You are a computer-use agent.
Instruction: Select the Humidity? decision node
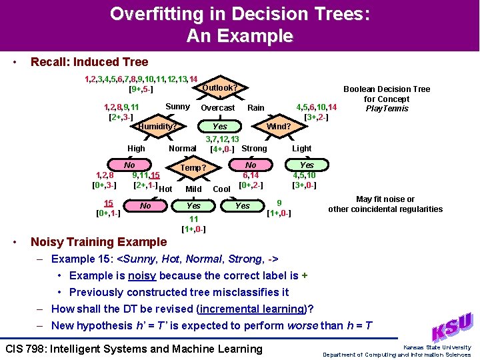point(157,126)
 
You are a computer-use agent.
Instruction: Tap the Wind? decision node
point(279,126)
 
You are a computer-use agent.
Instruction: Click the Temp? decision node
point(193,167)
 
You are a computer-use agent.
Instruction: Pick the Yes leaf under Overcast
point(220,126)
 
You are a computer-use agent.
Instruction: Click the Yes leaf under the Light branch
point(306,165)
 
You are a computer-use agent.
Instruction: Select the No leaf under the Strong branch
point(251,165)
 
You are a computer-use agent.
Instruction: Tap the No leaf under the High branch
point(129,165)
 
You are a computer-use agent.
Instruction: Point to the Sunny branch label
point(177,107)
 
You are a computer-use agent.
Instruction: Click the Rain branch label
point(256,107)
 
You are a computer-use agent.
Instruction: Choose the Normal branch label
point(182,148)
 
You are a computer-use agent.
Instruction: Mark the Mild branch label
point(193,189)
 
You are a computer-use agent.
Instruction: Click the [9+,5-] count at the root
point(141,89)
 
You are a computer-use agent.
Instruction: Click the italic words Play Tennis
point(387,109)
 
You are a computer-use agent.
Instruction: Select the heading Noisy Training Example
point(99,242)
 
